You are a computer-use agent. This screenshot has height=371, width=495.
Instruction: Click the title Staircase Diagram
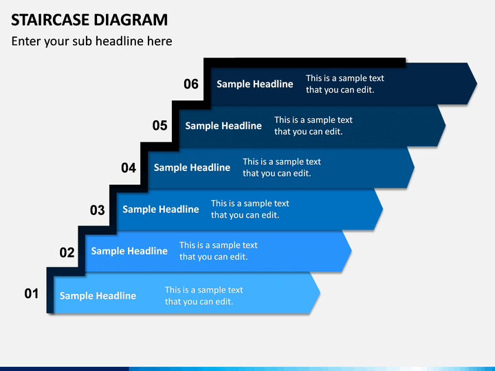point(89,19)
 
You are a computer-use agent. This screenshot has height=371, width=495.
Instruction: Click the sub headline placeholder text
point(91,41)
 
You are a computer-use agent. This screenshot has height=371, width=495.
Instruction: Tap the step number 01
point(32,294)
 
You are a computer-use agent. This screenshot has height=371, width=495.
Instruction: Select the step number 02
point(67,252)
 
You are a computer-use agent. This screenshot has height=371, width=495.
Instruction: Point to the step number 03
point(98,210)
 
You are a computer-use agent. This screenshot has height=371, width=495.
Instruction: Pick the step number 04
point(129,168)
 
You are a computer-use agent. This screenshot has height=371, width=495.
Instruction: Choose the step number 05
point(159,126)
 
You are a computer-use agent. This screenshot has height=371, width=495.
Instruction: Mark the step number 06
point(190,84)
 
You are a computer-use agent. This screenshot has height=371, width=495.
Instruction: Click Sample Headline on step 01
point(98,295)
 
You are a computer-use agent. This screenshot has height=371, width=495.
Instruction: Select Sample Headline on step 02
point(129,251)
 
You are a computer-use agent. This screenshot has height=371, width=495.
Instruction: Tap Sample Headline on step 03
point(160,209)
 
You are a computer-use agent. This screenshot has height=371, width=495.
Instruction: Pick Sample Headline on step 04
point(192,167)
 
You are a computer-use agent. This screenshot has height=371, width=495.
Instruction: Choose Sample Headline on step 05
point(223,125)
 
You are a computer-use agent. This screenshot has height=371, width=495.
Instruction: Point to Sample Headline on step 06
point(254,84)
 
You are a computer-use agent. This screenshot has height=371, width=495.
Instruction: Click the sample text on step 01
point(203,295)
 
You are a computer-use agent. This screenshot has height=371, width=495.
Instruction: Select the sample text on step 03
point(250,209)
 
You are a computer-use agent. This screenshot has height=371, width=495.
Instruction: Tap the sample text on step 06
point(344,84)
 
